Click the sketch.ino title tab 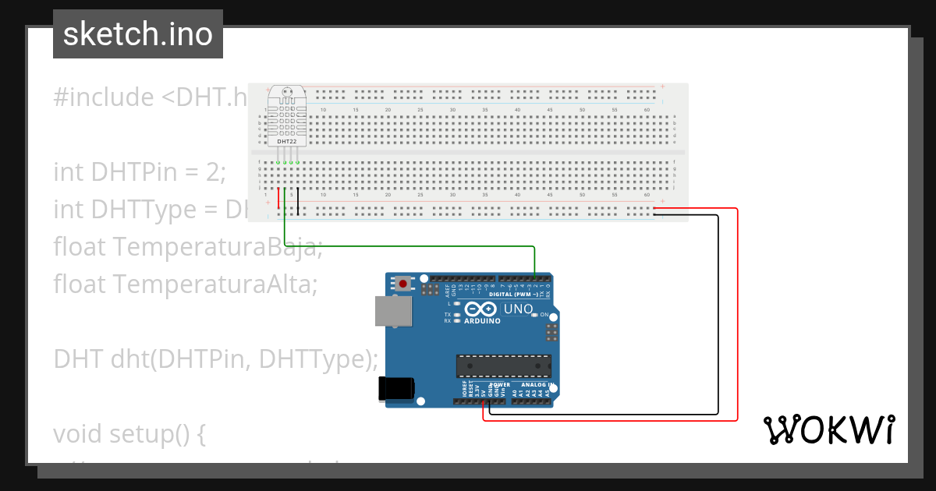tap(138, 34)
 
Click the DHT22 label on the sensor tap(286, 142)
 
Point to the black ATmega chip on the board tap(503, 366)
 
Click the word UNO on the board tap(518, 309)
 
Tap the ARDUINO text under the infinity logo tap(482, 321)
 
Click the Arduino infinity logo tap(482, 309)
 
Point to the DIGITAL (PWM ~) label tap(517, 295)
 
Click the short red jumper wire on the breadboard tap(278, 199)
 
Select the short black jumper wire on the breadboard tap(297, 199)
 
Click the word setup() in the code tap(156, 433)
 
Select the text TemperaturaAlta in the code tap(214, 285)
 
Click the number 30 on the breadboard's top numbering tap(452, 110)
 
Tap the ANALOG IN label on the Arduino tap(537, 385)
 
